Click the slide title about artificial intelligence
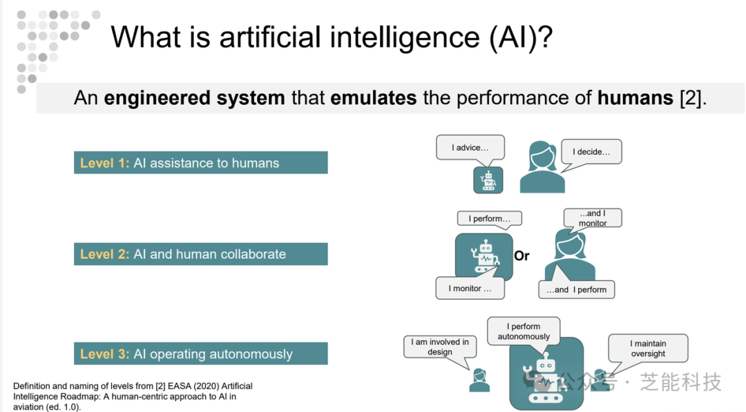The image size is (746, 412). (x=332, y=37)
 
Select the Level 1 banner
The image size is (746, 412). (x=201, y=162)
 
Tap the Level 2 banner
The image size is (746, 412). (x=201, y=254)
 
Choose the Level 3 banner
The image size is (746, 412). (x=201, y=353)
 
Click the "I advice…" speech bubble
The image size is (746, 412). (x=470, y=148)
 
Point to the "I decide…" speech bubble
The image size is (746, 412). (x=591, y=152)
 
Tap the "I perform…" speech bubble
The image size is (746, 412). (x=490, y=219)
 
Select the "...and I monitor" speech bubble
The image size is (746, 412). (x=593, y=218)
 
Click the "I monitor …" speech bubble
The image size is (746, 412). (x=470, y=288)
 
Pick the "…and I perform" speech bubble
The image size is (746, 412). (x=576, y=289)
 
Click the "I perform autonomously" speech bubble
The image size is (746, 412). (x=524, y=331)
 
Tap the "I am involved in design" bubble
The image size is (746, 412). (x=440, y=347)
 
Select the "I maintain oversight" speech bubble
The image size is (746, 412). (x=648, y=349)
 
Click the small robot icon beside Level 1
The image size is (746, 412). (x=488, y=180)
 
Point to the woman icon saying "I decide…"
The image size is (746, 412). (x=542, y=167)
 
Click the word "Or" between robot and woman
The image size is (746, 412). (x=522, y=255)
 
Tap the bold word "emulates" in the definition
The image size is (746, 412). (x=374, y=98)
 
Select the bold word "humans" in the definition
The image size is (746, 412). (x=635, y=98)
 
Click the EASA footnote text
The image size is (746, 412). (x=133, y=396)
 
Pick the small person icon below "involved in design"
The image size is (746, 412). (x=479, y=381)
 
